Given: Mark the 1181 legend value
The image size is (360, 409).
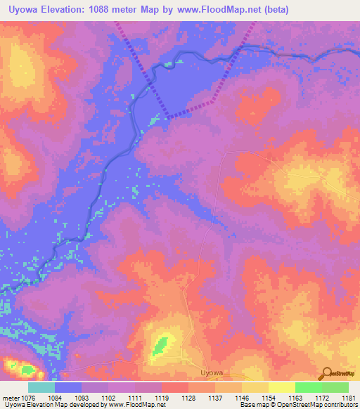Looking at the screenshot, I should point(347,398).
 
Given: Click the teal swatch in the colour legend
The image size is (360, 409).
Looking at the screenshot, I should point(41,387).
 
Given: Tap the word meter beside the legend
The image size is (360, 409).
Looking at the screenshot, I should point(11,398).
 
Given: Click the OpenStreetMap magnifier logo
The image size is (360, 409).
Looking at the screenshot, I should point(328,373).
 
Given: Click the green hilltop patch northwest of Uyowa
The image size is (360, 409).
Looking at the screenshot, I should point(161,345).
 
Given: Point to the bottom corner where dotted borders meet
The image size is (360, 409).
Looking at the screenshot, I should point(167,116).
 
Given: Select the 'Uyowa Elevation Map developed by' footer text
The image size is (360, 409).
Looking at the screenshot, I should point(52,405).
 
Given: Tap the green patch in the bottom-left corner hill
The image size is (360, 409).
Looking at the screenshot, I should point(27,369).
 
